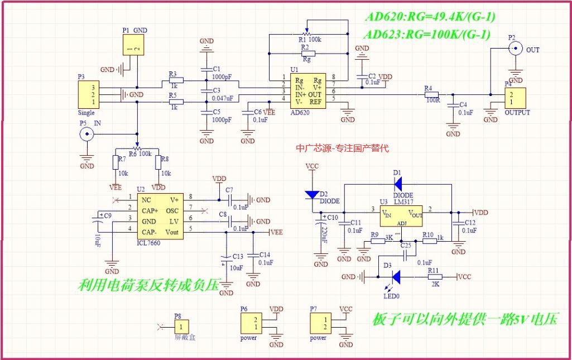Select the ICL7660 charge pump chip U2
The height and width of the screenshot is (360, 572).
[x=159, y=215]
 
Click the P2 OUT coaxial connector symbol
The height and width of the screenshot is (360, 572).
[x=516, y=50]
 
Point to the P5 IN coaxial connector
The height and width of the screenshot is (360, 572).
[x=86, y=134]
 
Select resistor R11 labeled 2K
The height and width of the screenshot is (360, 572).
[x=435, y=276]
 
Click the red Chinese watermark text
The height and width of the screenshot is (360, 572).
[x=342, y=148]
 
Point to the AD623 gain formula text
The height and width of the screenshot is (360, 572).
[x=427, y=35]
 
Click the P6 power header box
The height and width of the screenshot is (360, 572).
[x=249, y=323]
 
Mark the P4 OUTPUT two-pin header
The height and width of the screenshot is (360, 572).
[x=515, y=99]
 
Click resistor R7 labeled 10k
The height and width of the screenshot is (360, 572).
[x=116, y=162]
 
